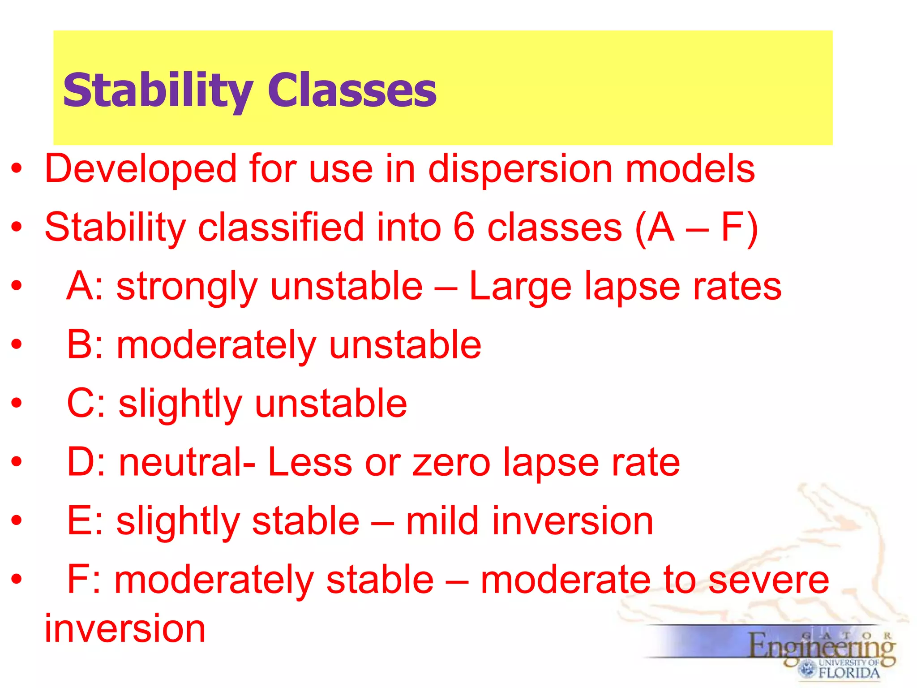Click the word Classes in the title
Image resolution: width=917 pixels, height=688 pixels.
click(x=352, y=91)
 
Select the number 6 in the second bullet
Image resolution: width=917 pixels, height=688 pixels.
click(x=463, y=228)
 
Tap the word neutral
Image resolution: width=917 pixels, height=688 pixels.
click(x=181, y=463)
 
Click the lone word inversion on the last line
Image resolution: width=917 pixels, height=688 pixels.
click(x=125, y=629)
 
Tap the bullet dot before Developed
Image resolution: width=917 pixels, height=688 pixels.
click(x=17, y=169)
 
